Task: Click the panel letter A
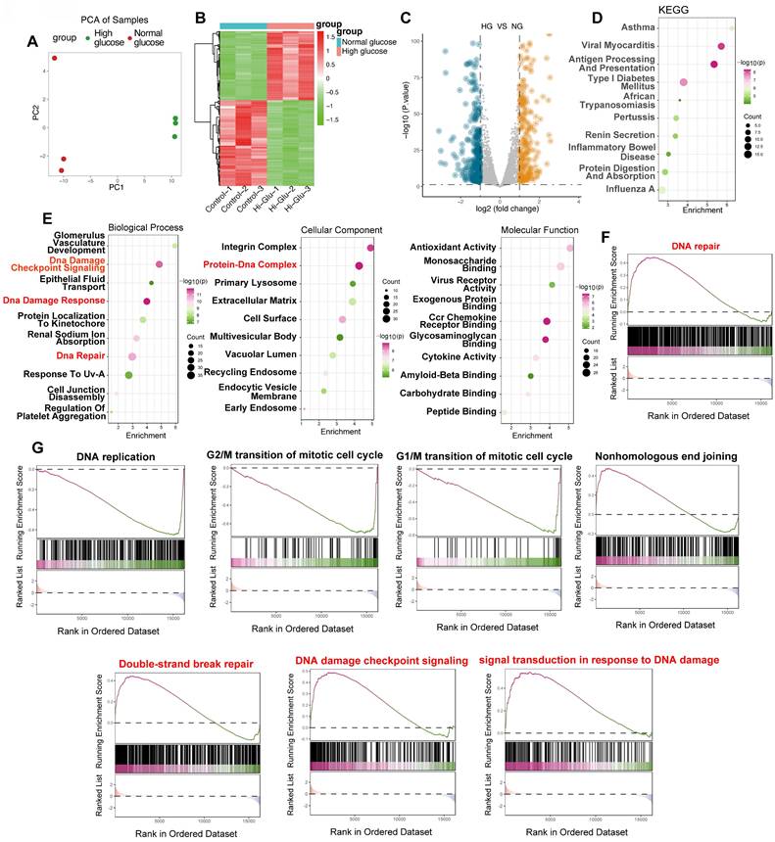coord(32,42)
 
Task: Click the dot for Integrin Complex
coord(370,248)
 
